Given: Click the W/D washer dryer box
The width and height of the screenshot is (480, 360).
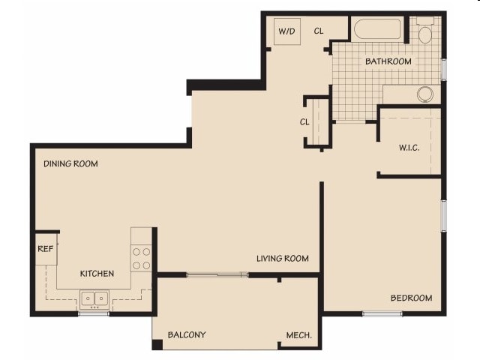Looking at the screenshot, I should [x=286, y=32].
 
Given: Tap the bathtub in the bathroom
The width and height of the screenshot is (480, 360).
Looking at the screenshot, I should [x=378, y=31].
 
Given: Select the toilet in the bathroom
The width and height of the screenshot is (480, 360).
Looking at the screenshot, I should [x=425, y=32].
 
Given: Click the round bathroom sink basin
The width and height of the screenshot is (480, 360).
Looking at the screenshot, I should [x=425, y=94].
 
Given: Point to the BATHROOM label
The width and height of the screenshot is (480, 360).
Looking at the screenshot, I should [x=388, y=61].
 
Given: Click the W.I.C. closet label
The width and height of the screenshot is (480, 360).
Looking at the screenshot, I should [x=409, y=148].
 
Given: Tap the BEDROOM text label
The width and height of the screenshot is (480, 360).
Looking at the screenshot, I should [x=411, y=298].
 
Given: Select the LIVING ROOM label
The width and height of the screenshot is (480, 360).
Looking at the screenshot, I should [x=282, y=259].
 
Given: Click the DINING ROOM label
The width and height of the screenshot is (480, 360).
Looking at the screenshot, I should [x=70, y=163].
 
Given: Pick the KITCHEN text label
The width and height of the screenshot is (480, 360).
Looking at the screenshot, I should [x=97, y=274].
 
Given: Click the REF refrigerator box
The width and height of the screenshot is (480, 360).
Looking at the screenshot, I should [x=45, y=250].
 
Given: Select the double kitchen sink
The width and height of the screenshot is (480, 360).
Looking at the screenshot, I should [x=94, y=298].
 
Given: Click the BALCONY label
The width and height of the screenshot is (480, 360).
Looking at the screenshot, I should [x=187, y=334].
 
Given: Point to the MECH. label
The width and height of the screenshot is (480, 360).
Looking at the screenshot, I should [x=299, y=335].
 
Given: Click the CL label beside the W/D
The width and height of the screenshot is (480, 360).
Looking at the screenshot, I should [x=319, y=31].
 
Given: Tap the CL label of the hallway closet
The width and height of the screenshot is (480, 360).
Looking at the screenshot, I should [x=305, y=121].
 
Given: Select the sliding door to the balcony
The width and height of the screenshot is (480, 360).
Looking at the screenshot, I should [x=217, y=275].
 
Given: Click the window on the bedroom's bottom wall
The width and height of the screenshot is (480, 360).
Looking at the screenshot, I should [x=382, y=313].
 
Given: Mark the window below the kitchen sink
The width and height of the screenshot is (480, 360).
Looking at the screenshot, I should [x=94, y=313].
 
